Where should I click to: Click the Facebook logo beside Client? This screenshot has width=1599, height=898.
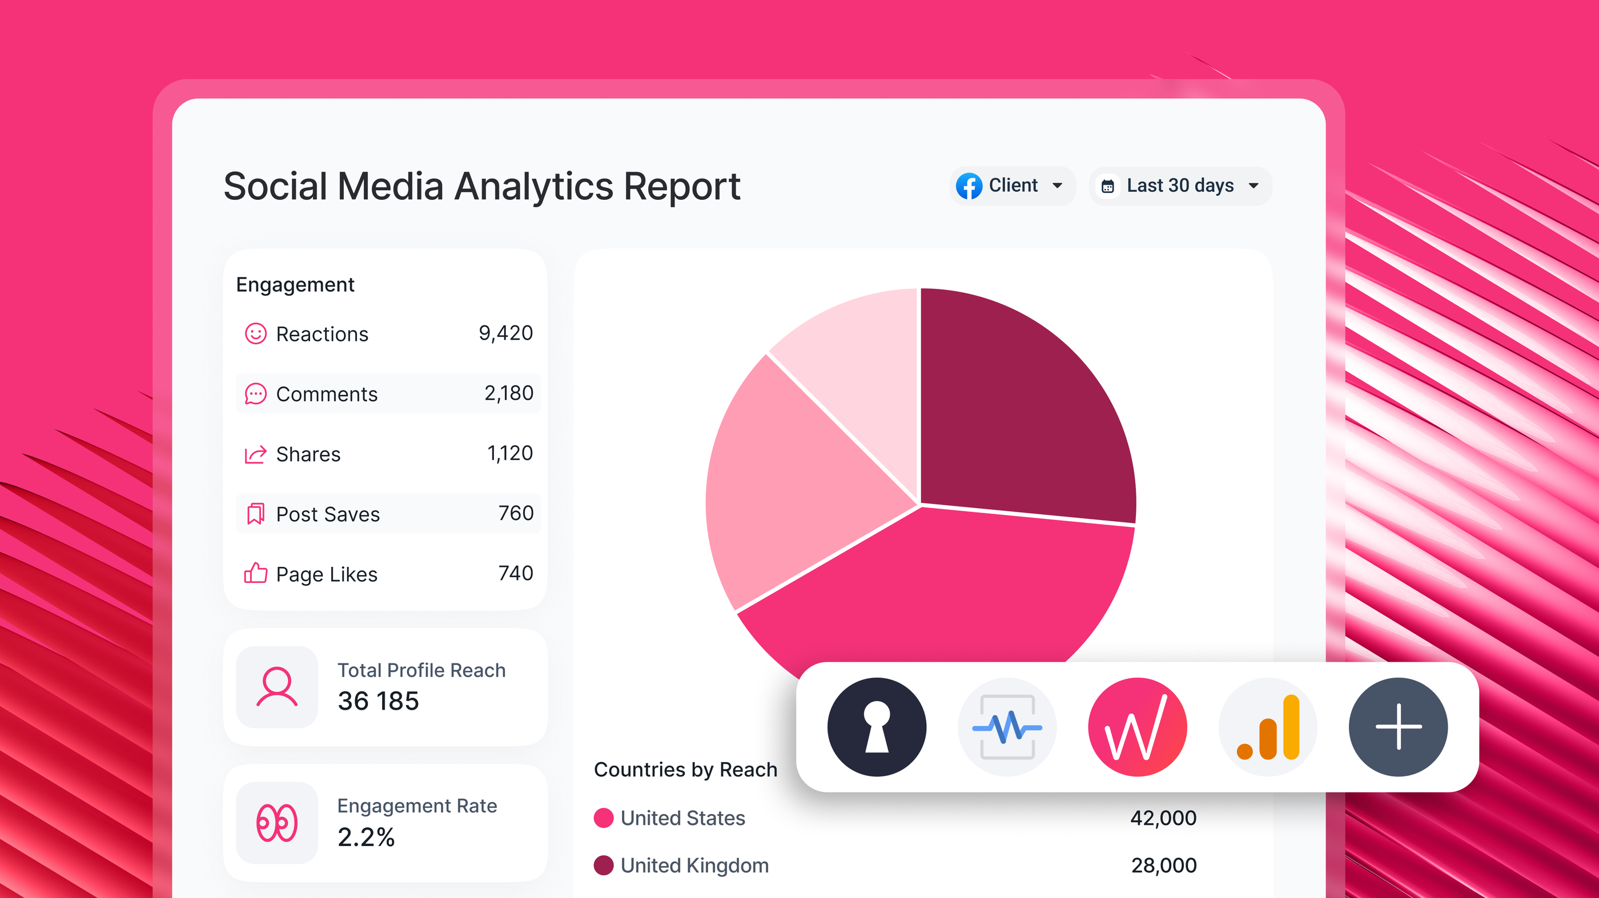pos(969,186)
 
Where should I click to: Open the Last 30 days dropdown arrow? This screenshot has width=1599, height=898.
pos(1254,186)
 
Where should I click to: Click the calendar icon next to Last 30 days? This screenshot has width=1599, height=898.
pos(1107,186)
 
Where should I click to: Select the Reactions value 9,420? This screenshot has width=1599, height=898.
pos(505,333)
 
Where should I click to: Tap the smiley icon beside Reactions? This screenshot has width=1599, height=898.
pos(255,334)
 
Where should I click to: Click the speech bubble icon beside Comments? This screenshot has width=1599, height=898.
pos(255,394)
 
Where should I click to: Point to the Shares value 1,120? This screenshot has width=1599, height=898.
pos(509,454)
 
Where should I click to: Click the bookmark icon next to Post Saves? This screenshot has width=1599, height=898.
pos(255,514)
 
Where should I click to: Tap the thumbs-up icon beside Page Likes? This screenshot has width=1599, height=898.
pos(255,573)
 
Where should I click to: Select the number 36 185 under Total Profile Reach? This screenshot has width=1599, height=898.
pos(378,701)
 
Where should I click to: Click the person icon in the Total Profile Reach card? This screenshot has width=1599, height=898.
pos(277,686)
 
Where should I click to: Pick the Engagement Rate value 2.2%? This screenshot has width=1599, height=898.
pos(365,837)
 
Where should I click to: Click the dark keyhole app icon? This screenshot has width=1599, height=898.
pos(877,727)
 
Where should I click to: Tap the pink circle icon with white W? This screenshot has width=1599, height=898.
pos(1137,727)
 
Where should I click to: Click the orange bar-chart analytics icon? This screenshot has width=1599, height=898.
pos(1268,727)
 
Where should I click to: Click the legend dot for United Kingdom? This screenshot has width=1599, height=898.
pos(604,865)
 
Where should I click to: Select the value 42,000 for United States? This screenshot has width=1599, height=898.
pos(1163,818)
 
